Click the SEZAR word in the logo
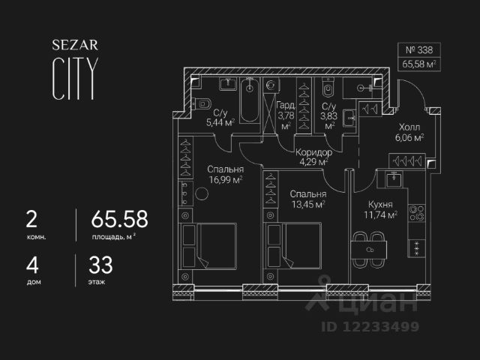73,44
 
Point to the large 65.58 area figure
119,219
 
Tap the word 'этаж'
97,283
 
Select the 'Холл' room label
409,127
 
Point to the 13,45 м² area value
307,203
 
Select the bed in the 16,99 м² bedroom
210,247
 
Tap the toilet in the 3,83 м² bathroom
328,91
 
